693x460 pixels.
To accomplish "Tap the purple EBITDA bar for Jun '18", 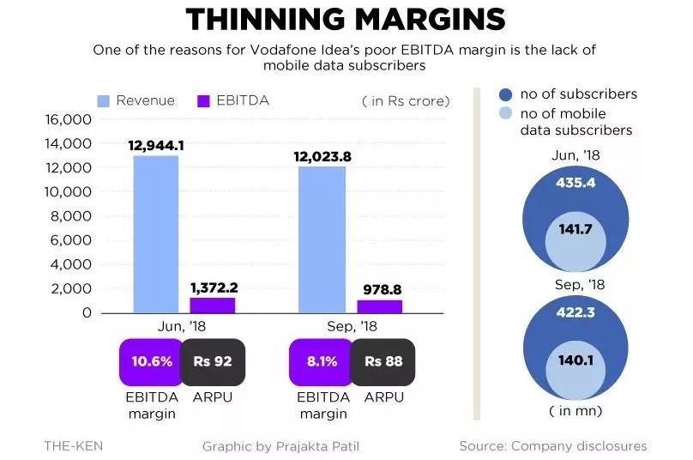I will (212, 305).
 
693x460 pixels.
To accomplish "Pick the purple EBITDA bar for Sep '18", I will (378, 306).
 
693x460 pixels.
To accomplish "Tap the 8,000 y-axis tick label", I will (70, 216).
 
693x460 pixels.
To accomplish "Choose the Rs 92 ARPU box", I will (212, 361).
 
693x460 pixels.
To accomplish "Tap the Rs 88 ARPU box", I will (383, 361).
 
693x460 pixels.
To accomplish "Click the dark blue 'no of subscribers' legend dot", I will (505, 94).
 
